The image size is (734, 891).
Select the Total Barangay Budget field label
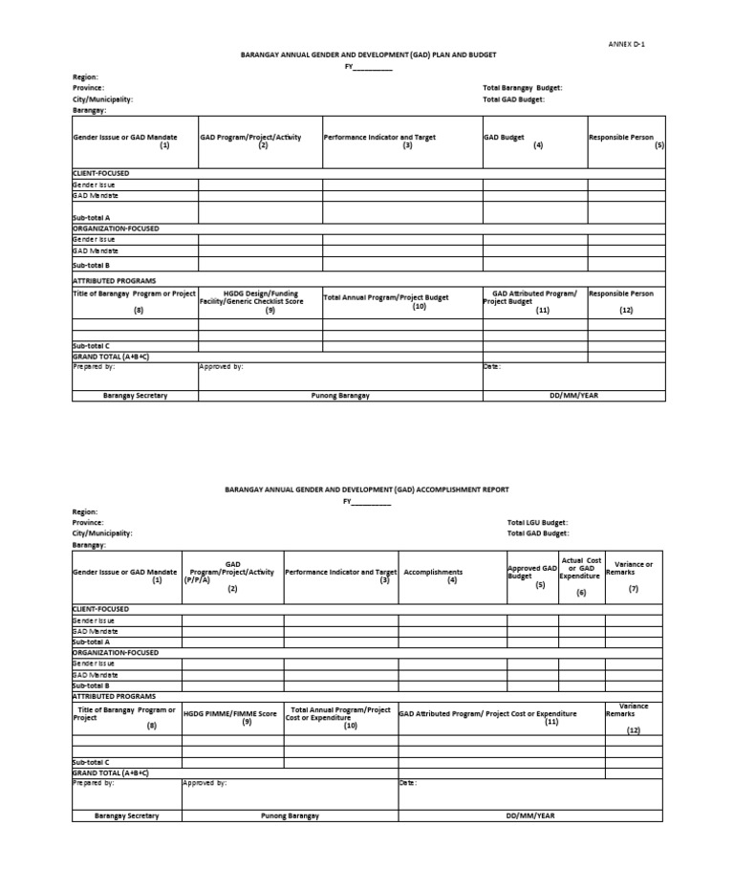click(522, 88)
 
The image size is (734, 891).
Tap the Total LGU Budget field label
click(537, 523)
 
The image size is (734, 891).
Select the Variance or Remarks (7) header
click(633, 576)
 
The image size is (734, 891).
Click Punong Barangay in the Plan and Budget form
click(340, 396)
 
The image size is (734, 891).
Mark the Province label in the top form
click(88, 88)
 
